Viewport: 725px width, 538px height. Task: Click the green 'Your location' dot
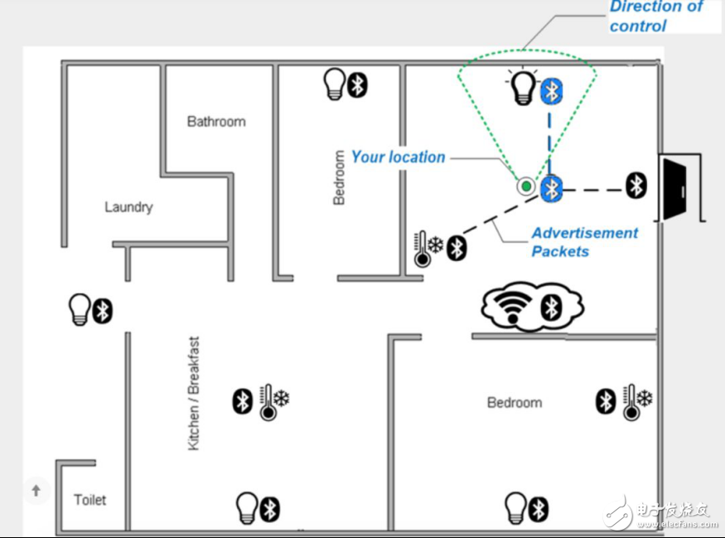tap(525, 187)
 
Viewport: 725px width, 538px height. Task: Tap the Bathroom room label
tap(216, 122)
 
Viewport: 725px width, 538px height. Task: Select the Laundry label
tap(128, 206)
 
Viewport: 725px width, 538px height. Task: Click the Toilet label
tap(90, 500)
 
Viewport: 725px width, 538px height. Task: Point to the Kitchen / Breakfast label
tap(194, 393)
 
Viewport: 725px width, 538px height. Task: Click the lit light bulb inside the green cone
tap(524, 86)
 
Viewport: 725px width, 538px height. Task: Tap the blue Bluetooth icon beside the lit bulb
tap(552, 90)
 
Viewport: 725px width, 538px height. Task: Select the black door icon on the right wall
tap(674, 189)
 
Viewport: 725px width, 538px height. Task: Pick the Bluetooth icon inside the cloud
tap(552, 308)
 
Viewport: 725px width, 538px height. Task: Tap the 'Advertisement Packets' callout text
tap(584, 242)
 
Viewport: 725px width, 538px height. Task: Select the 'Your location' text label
tap(398, 157)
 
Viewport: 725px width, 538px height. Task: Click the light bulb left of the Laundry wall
tap(79, 309)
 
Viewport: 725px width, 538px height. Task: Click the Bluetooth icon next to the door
tap(636, 186)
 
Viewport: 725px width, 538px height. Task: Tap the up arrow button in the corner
tap(36, 491)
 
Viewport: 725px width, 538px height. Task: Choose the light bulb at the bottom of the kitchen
tap(247, 508)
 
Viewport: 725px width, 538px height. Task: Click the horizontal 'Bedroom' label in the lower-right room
tap(515, 402)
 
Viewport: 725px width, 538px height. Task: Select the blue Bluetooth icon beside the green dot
tap(552, 189)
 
